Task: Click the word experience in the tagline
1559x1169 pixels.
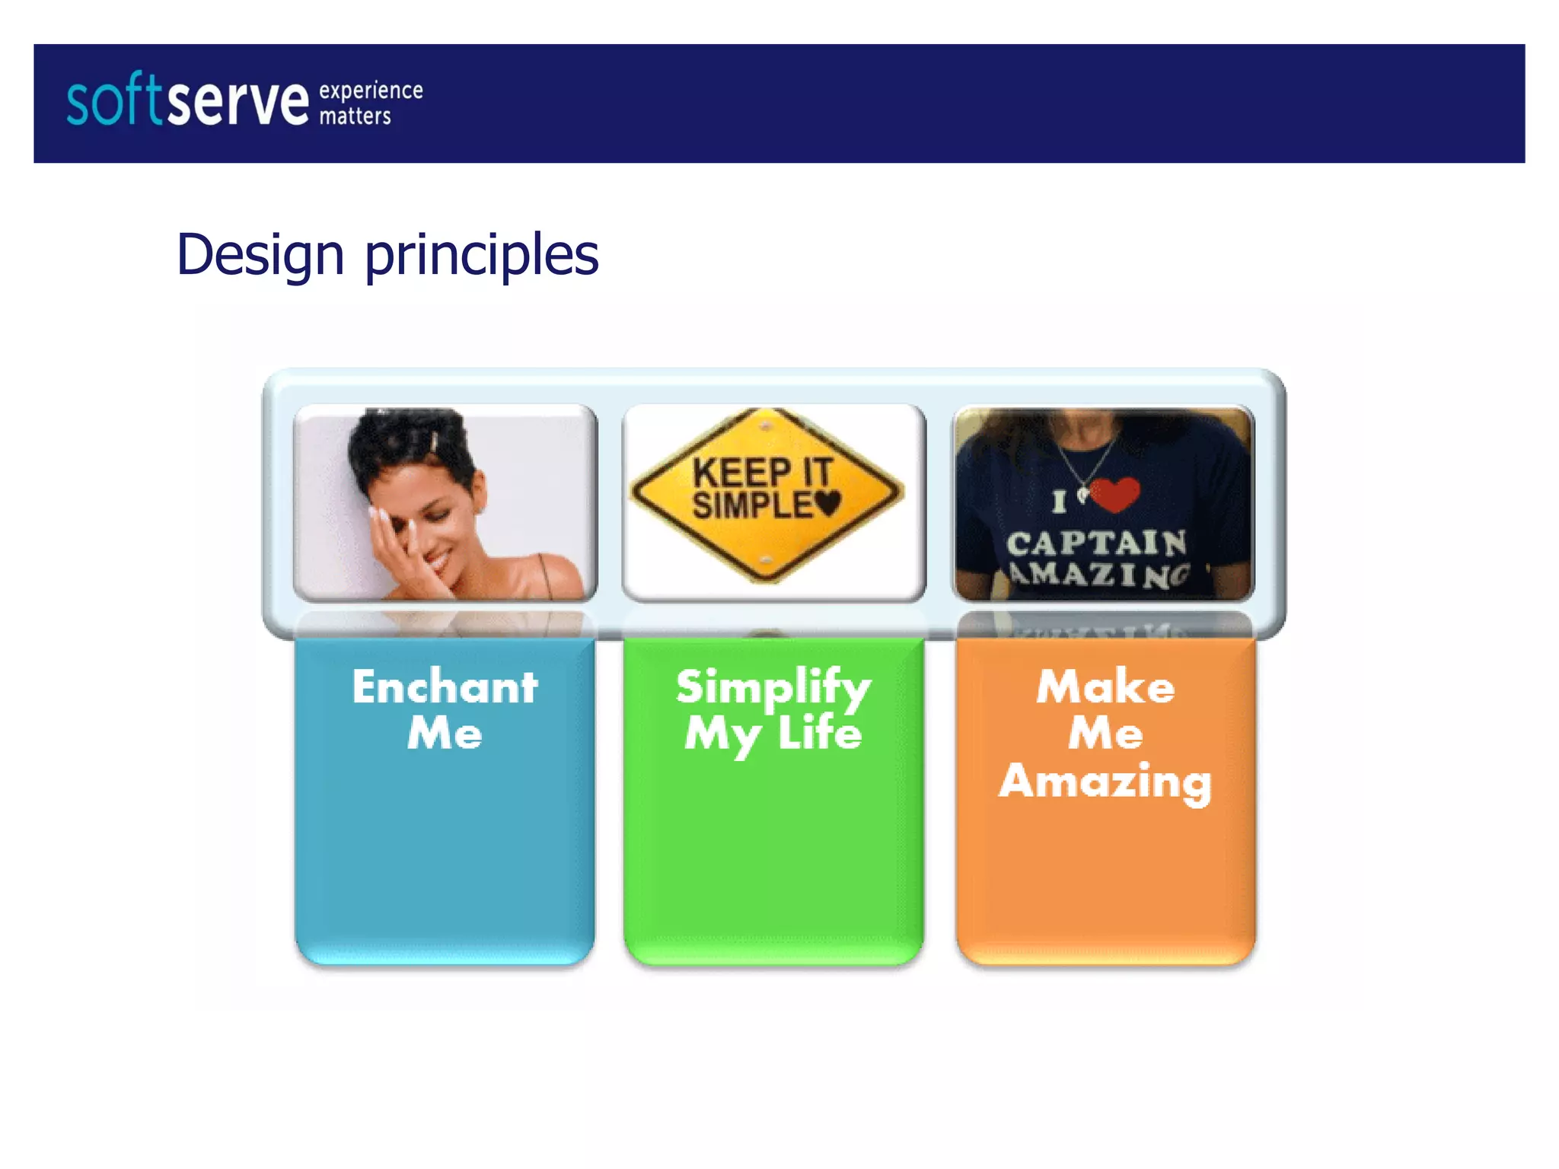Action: (371, 91)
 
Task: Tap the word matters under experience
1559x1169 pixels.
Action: (355, 116)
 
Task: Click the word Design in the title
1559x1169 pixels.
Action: (260, 256)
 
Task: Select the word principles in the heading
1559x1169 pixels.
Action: (481, 256)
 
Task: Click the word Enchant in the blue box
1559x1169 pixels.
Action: (445, 686)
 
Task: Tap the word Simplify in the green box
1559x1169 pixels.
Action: (773, 688)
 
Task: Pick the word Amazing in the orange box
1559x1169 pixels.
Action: (1105, 782)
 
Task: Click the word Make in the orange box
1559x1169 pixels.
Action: (1105, 686)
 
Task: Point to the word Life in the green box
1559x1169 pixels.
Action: (820, 734)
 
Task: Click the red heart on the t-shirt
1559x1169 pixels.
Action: (1114, 494)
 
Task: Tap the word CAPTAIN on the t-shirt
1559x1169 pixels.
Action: (1096, 543)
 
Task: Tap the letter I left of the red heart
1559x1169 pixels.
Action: (1059, 502)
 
